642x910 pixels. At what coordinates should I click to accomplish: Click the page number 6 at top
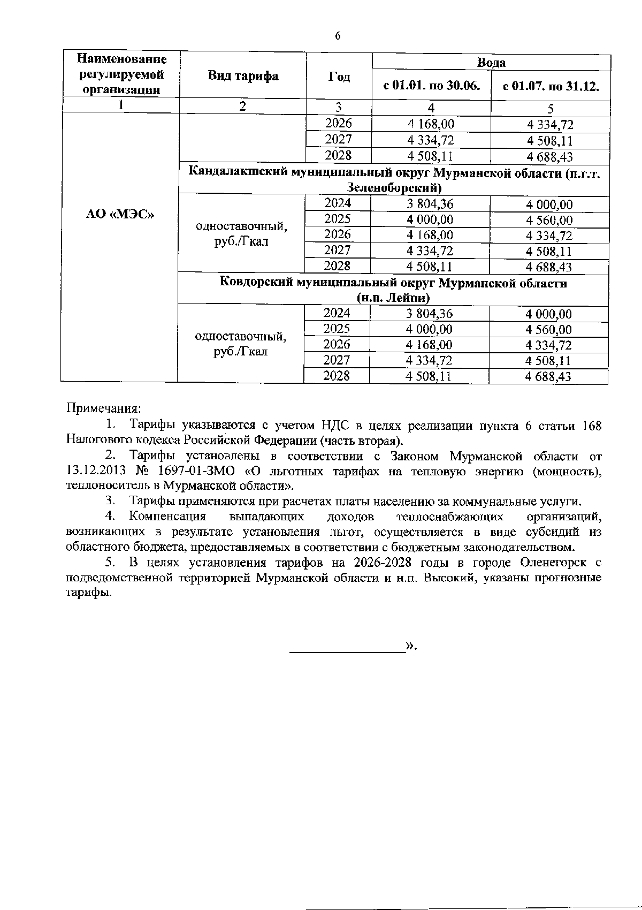tap(337, 36)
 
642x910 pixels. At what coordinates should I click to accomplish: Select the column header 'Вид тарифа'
tap(243, 76)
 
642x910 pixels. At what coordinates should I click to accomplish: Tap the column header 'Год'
tap(339, 77)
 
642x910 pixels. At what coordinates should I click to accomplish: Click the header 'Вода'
tap(491, 63)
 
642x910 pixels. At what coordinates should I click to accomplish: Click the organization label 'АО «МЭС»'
tap(120, 215)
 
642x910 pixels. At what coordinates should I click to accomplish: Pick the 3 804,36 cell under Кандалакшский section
tap(430, 204)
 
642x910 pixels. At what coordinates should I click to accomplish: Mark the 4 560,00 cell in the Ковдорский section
tap(548, 330)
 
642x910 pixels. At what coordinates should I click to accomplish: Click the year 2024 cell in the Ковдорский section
tap(337, 313)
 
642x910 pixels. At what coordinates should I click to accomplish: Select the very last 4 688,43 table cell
tap(548, 377)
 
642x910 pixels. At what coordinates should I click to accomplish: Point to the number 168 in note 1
tap(591, 426)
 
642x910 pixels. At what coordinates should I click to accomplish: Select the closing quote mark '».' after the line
tap(411, 646)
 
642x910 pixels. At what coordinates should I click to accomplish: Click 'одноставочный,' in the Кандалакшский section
tap(241, 226)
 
